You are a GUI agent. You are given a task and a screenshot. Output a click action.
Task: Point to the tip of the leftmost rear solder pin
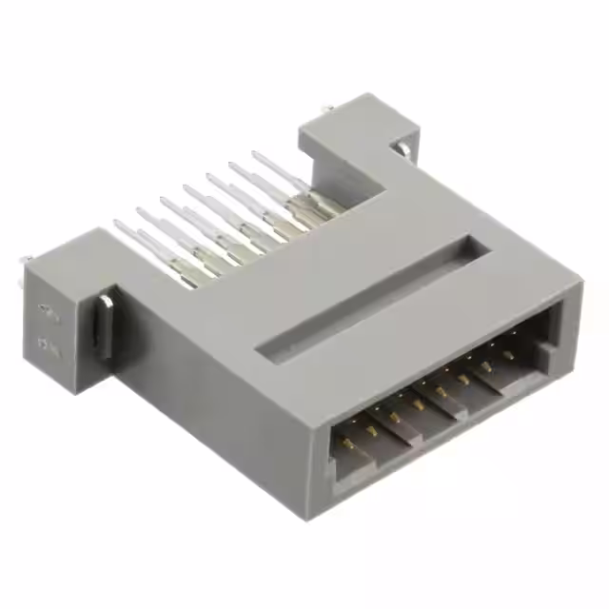(117, 225)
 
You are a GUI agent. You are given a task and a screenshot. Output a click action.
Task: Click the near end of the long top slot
(271, 351)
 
